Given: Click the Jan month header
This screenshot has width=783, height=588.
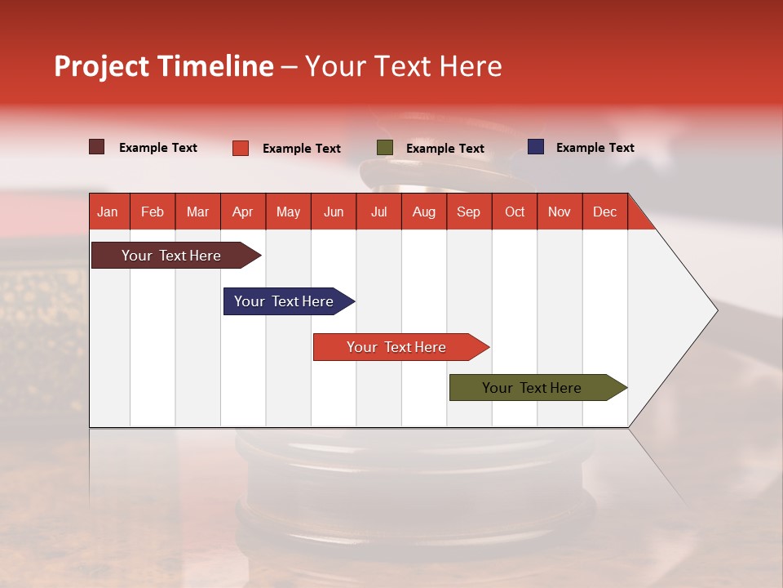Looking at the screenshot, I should [x=108, y=212].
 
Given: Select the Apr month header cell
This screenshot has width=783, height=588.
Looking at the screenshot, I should [x=243, y=212].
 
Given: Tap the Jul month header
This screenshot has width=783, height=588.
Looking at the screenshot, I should [x=378, y=212].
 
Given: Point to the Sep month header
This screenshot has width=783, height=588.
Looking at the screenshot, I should [x=469, y=212].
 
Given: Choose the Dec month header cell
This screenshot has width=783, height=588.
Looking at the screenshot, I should [x=604, y=212].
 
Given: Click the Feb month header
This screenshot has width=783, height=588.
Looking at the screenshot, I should [x=153, y=212].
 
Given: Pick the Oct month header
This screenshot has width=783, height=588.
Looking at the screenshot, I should [x=515, y=212].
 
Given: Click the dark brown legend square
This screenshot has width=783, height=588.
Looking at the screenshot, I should [x=97, y=147].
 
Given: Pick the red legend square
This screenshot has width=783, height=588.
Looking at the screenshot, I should [x=241, y=148].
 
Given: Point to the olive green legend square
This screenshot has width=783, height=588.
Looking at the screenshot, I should [x=385, y=148].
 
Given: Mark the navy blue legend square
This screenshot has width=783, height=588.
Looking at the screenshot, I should [x=536, y=147].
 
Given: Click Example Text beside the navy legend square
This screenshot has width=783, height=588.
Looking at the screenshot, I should [x=595, y=148].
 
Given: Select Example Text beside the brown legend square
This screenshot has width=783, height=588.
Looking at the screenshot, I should [x=158, y=148].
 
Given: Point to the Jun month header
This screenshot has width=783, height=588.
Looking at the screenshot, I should [x=334, y=212].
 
